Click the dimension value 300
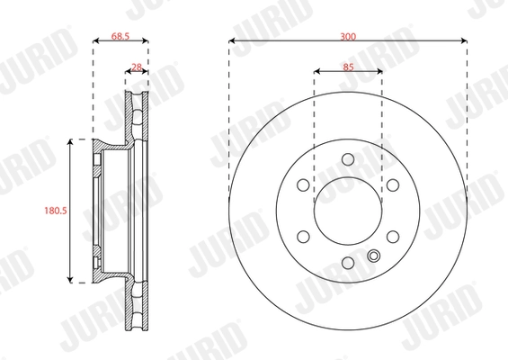pyautogui.click(x=348, y=36)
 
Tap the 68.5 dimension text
pyautogui.click(x=121, y=36)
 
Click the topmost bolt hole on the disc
pyautogui.click(x=348, y=160)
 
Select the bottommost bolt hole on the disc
pyautogui.click(x=348, y=262)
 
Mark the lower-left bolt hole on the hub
pyautogui.click(x=304, y=237)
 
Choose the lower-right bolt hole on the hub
pyautogui.click(x=392, y=237)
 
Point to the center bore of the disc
pyautogui.click(x=348, y=211)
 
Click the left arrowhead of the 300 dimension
pyautogui.click(x=233, y=41)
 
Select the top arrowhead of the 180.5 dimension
pyautogui.click(x=71, y=142)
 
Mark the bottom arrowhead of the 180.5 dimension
pyautogui.click(x=71, y=280)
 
